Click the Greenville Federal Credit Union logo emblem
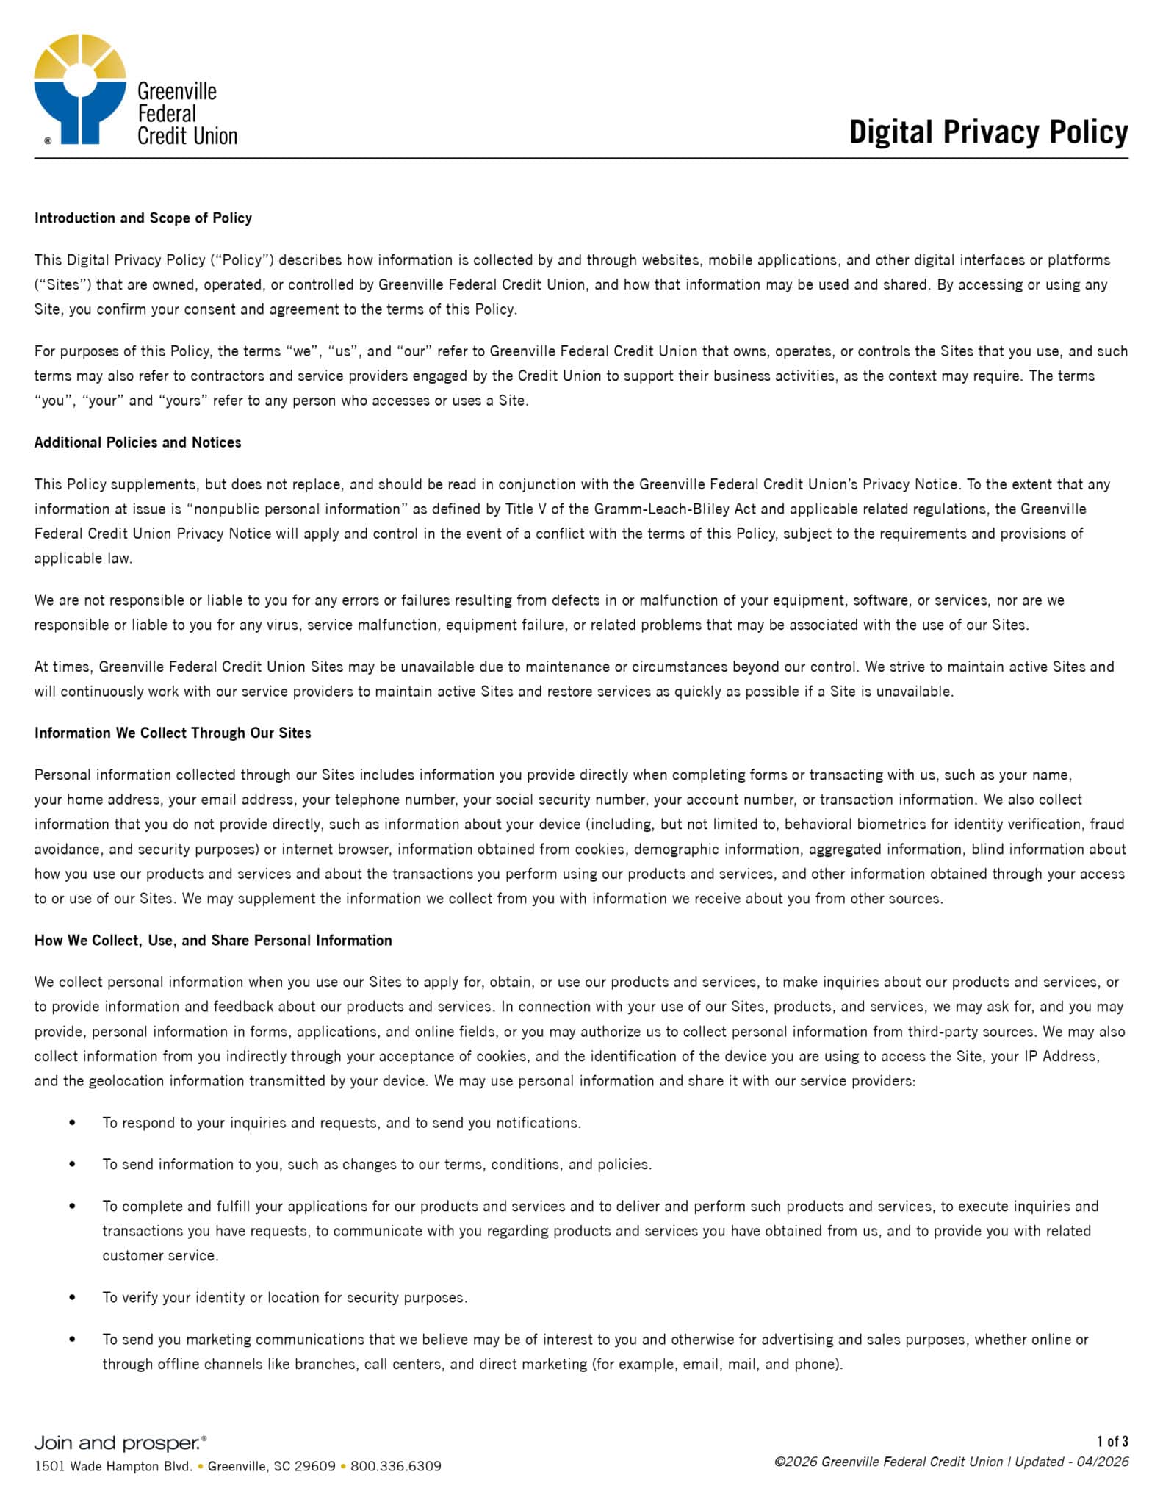pos(79,88)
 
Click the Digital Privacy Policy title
pos(988,132)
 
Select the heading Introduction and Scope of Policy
pos(143,218)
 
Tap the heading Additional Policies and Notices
pos(138,442)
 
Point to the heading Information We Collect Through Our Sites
pos(173,733)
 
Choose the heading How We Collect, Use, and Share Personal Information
pos(213,941)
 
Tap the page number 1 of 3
pos(1112,1441)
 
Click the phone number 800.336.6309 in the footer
pos(396,1466)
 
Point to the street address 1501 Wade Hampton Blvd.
pos(113,1466)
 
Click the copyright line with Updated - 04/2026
pos(951,1462)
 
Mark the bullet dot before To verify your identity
pos(72,1298)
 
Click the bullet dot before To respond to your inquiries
pos(72,1123)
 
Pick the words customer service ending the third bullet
pos(159,1256)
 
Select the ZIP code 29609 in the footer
pos(314,1466)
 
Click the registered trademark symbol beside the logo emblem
pos(48,140)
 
